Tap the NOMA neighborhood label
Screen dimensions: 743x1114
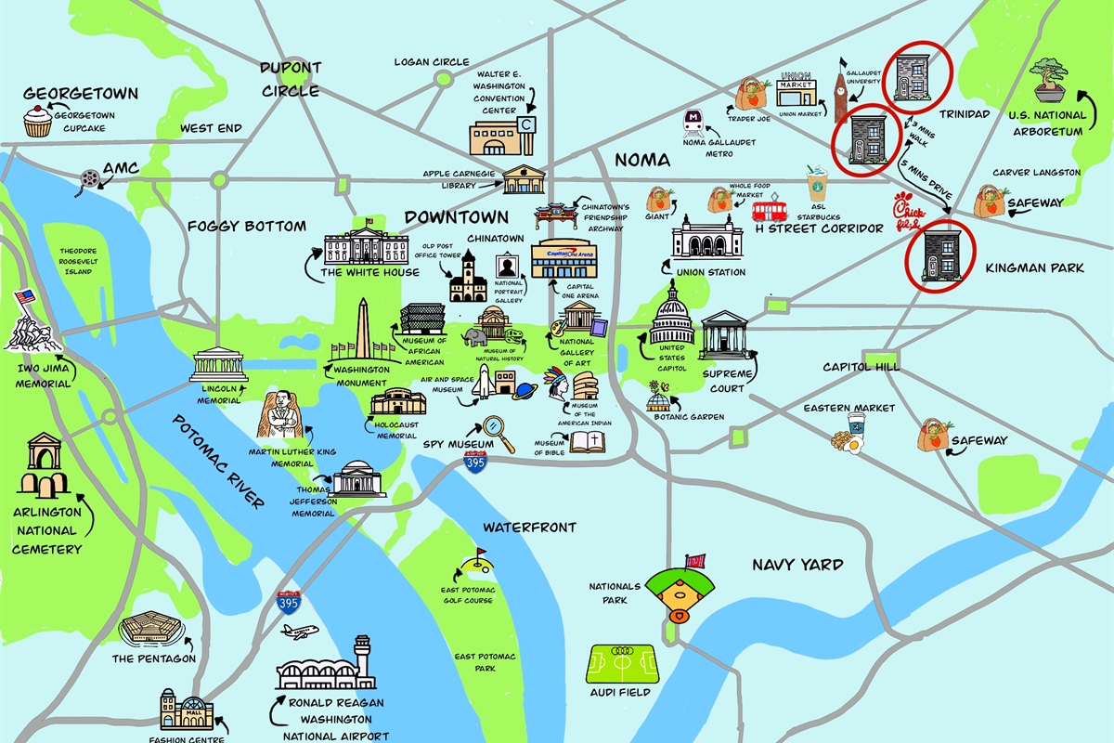(642, 159)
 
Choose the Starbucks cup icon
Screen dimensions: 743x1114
(817, 183)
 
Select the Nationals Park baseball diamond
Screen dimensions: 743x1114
(681, 587)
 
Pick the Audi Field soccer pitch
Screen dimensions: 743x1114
(622, 663)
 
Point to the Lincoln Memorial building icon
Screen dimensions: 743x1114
(219, 366)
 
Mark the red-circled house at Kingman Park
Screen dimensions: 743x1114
(943, 257)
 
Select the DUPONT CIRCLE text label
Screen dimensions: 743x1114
(291, 80)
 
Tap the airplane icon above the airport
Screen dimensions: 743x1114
(299, 632)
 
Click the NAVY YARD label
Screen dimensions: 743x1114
(797, 565)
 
